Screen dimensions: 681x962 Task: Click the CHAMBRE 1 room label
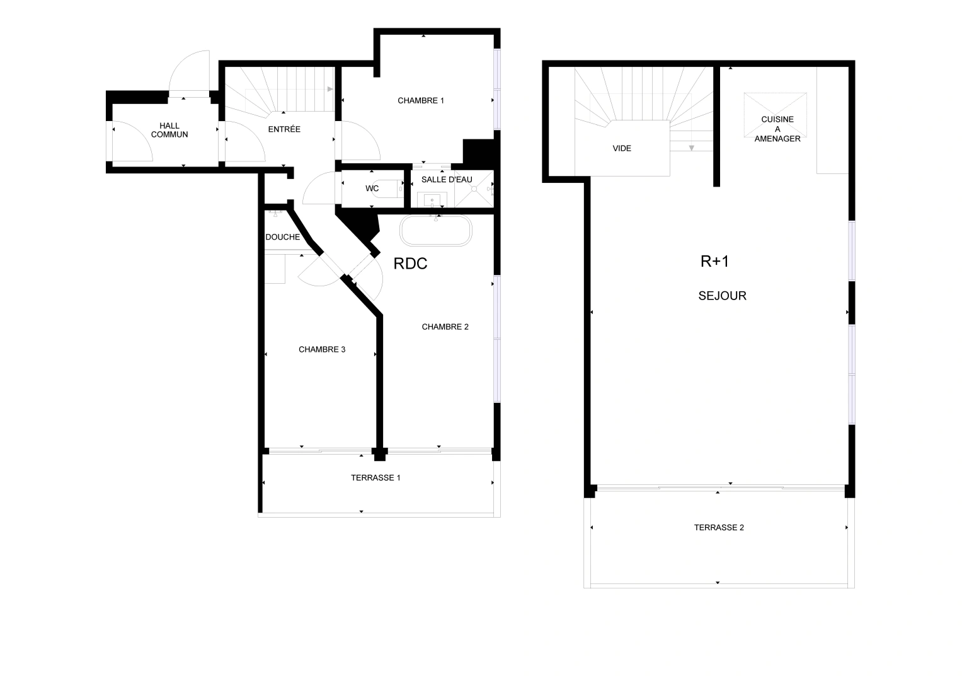pos(421,100)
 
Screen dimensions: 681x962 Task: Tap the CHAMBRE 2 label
pos(445,327)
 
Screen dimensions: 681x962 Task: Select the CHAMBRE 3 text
pos(321,349)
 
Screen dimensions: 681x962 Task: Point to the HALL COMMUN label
pos(169,131)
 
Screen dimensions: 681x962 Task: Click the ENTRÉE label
pos(284,129)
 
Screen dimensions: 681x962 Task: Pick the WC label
pos(372,189)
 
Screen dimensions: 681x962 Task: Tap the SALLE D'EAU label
pos(447,180)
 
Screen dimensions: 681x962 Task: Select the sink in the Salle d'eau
pos(432,201)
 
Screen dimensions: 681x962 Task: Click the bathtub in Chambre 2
pos(436,231)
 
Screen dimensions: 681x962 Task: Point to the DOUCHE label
pos(283,237)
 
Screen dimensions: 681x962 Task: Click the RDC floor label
pos(410,264)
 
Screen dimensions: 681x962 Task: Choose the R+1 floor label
pos(714,261)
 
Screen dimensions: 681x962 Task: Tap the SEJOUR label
pos(722,296)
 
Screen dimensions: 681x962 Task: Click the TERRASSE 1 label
pos(375,477)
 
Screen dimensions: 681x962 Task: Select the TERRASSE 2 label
pos(719,527)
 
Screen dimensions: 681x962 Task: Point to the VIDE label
pos(622,148)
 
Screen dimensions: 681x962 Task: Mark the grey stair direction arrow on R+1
pos(691,148)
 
